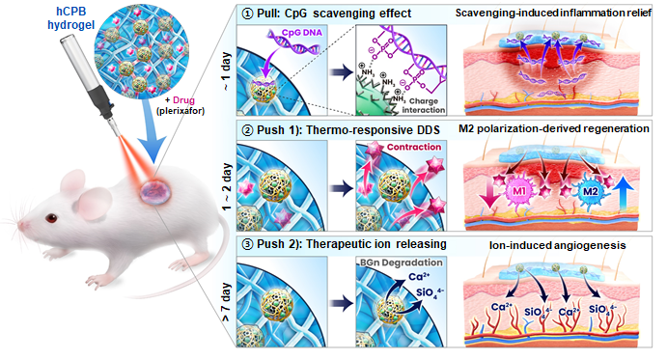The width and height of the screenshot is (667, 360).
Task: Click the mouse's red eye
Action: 51,218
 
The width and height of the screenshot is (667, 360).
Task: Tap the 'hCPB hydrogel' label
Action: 70,19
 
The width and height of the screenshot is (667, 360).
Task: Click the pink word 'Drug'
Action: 183,100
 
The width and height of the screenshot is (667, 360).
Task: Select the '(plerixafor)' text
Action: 181,111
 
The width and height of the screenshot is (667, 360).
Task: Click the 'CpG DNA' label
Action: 302,33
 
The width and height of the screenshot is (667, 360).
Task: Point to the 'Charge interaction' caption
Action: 423,105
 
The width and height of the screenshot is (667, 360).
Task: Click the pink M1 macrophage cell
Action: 519,192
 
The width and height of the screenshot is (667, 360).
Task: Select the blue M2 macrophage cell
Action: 590,192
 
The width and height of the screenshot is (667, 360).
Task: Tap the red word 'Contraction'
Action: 414,148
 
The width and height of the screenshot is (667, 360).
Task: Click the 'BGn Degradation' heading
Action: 402,263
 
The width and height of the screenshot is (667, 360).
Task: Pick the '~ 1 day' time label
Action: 226,71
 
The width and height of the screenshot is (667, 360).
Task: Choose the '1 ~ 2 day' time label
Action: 226,186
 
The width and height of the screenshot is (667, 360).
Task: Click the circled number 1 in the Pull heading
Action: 247,14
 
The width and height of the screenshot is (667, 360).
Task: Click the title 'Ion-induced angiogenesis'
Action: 558,245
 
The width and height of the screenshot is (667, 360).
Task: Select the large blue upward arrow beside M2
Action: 625,195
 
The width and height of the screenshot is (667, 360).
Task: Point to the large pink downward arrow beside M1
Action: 489,194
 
